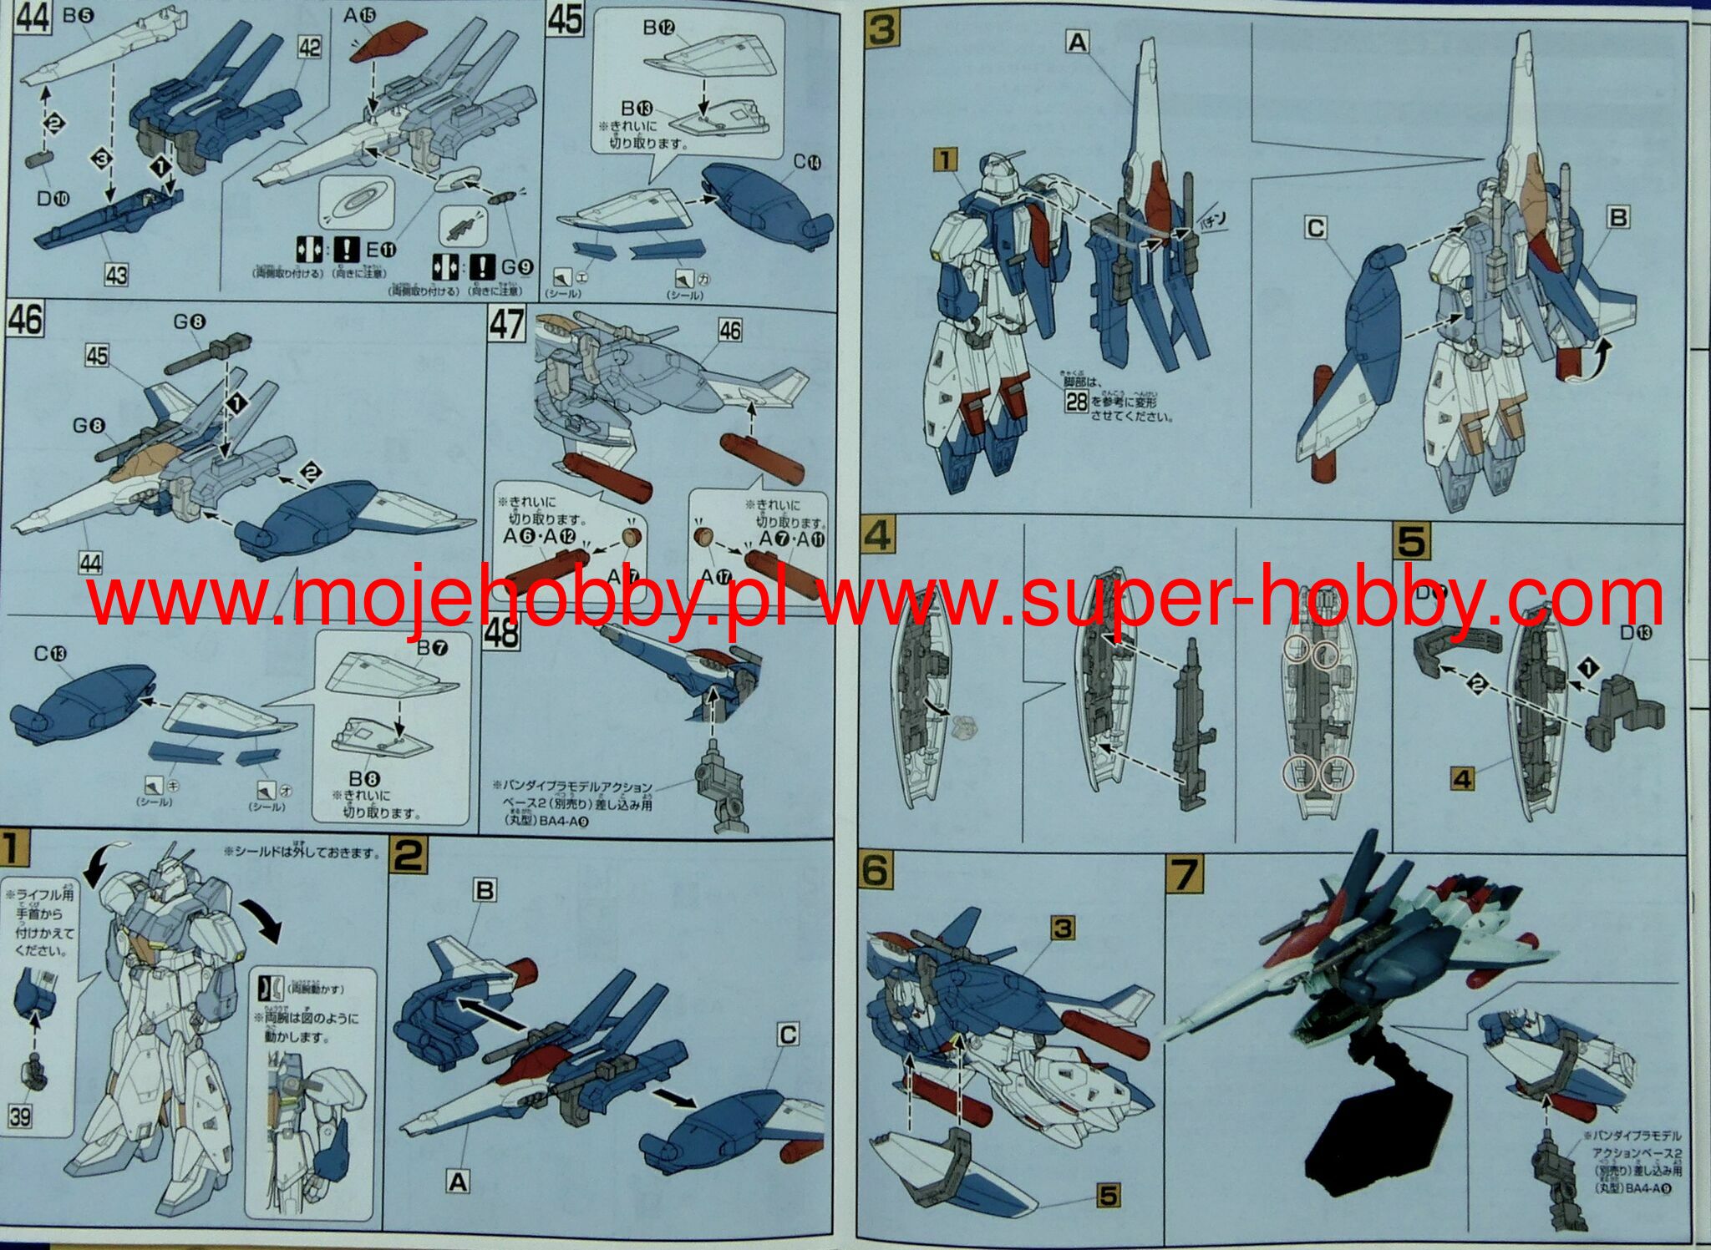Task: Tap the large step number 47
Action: (507, 325)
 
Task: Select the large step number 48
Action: (501, 632)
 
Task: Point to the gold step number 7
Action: (1186, 874)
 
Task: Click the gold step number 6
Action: (876, 871)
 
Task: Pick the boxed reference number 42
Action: (309, 48)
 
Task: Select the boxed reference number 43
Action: (116, 274)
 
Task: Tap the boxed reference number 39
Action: (20, 1116)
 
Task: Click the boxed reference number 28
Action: (1076, 402)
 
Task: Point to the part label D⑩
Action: (53, 198)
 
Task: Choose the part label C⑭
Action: (807, 162)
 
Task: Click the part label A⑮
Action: (359, 16)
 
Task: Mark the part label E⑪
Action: (381, 249)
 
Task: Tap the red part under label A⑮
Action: (378, 43)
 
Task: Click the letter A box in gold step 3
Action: (1078, 42)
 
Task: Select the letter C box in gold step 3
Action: (1315, 228)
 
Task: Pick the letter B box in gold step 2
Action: (485, 890)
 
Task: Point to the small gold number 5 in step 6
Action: (1108, 1196)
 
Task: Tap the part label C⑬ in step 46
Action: (50, 654)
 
